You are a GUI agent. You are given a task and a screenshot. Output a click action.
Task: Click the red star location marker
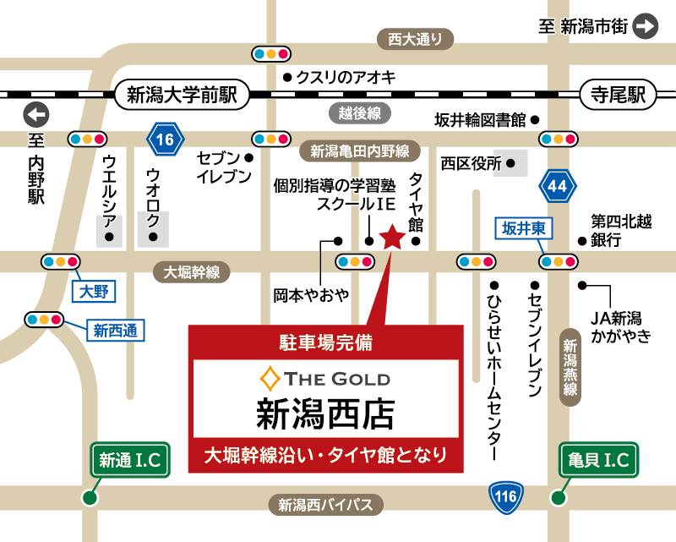coord(393,238)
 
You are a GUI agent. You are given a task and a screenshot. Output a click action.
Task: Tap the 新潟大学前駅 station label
coord(182,96)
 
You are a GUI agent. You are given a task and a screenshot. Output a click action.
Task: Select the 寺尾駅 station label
coord(618,96)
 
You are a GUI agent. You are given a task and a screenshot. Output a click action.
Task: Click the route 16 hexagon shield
coord(166,140)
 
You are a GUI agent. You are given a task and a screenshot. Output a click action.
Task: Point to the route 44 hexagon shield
coord(558,185)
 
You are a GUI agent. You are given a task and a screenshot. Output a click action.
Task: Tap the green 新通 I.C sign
coord(131,460)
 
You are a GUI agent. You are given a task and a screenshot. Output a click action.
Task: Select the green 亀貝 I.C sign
coord(598,460)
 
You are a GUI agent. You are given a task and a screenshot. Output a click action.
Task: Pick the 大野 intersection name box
coord(93,293)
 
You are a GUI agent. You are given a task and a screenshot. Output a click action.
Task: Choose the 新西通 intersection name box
coord(116,330)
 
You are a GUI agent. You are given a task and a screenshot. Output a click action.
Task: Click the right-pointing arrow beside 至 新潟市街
coord(646,26)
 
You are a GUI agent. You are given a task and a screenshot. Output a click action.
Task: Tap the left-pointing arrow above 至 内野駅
coord(36,114)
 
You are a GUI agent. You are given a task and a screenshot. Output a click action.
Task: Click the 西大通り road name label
coord(415,39)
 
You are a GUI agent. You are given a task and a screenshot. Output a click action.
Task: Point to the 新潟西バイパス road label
coord(326,506)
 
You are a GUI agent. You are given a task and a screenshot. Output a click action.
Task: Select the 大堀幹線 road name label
coord(192,271)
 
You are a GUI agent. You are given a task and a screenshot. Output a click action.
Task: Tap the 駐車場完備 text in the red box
coord(325,343)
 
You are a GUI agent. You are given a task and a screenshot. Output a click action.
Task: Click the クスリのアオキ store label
coord(346,78)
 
